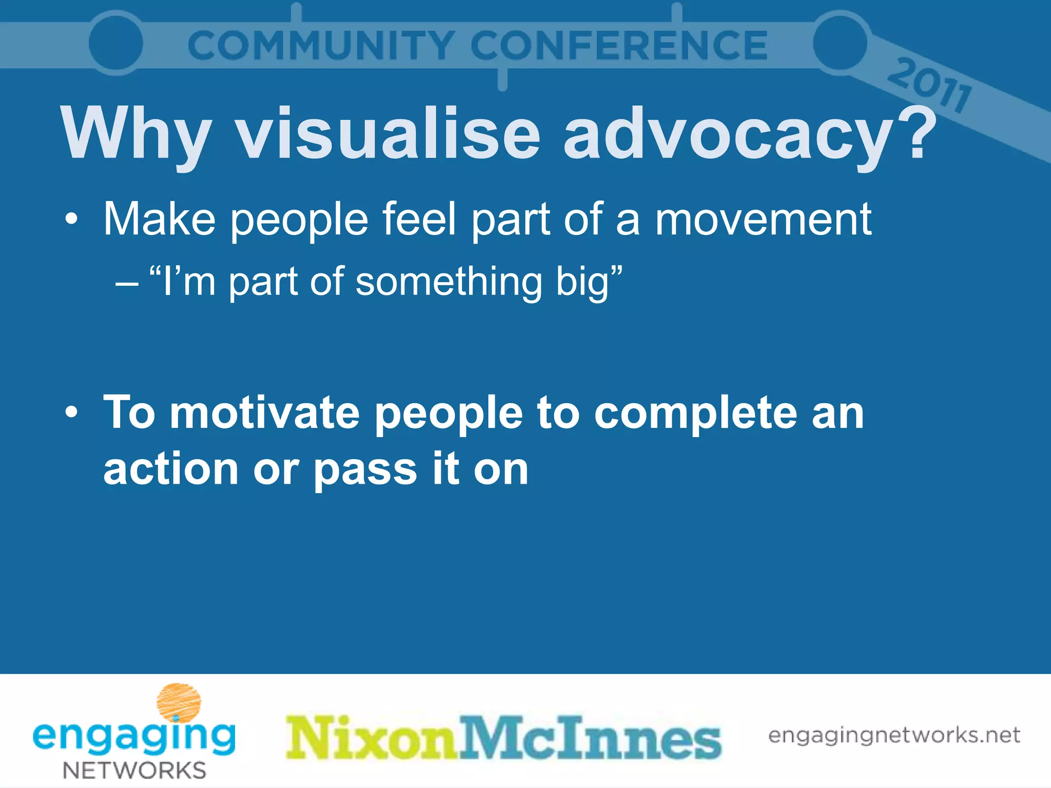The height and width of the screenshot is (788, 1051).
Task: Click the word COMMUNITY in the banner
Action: click(320, 45)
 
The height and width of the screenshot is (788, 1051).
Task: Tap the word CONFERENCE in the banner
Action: click(618, 45)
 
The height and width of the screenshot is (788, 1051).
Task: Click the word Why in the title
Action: click(137, 134)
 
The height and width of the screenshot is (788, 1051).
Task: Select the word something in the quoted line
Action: click(449, 282)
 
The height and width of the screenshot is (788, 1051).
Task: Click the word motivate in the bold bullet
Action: click(264, 413)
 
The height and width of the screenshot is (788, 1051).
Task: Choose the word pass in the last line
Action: click(365, 470)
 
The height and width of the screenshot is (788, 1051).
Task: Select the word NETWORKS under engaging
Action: click(134, 770)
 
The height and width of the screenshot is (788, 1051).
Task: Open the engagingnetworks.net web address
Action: click(894, 735)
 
